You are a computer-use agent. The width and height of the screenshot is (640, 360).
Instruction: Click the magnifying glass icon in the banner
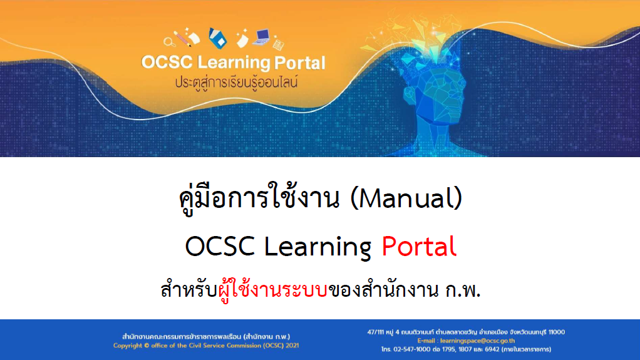tap(168, 41)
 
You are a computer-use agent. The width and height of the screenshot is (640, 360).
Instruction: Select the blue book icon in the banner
tap(217, 38)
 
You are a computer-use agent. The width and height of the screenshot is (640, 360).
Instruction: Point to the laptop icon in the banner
tap(261, 37)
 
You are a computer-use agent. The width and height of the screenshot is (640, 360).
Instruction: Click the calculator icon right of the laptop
tap(279, 44)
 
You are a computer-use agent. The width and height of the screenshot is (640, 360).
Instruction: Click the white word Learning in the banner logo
tap(234, 63)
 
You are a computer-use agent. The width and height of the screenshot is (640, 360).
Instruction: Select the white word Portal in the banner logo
tap(300, 63)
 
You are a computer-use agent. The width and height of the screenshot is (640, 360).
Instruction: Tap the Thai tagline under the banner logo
tap(237, 82)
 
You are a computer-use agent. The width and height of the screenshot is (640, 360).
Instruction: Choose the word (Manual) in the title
tap(406, 198)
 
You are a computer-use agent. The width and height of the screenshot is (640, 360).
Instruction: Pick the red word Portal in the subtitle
tap(419, 246)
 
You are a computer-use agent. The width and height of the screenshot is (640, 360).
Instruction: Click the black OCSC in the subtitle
tap(220, 247)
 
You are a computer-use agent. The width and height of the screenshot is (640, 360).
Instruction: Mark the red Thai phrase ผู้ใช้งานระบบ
tap(272, 290)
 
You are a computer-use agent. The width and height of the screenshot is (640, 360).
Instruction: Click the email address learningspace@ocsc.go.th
tap(477, 341)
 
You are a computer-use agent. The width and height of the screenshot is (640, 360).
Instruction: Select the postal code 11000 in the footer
tap(557, 332)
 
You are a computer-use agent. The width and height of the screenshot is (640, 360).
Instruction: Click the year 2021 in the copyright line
tap(292, 346)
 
